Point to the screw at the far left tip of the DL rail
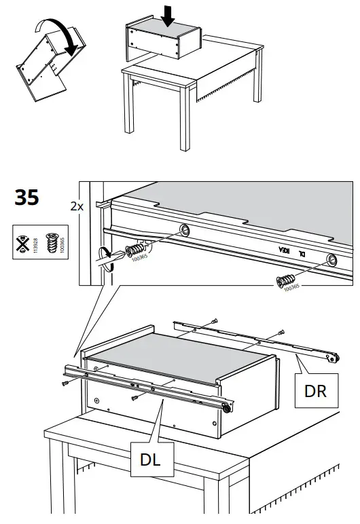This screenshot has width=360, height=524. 65,383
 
